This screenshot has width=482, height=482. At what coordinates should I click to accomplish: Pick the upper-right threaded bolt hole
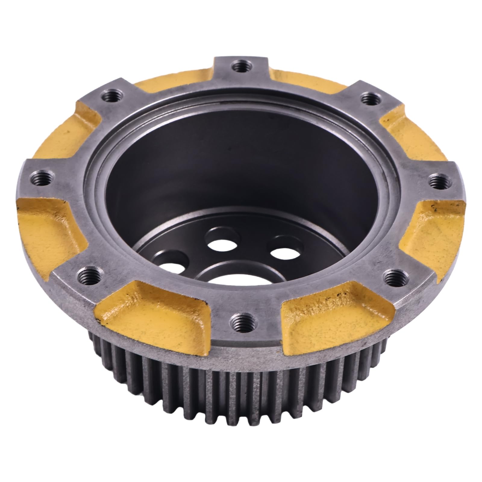pos(368,98)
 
